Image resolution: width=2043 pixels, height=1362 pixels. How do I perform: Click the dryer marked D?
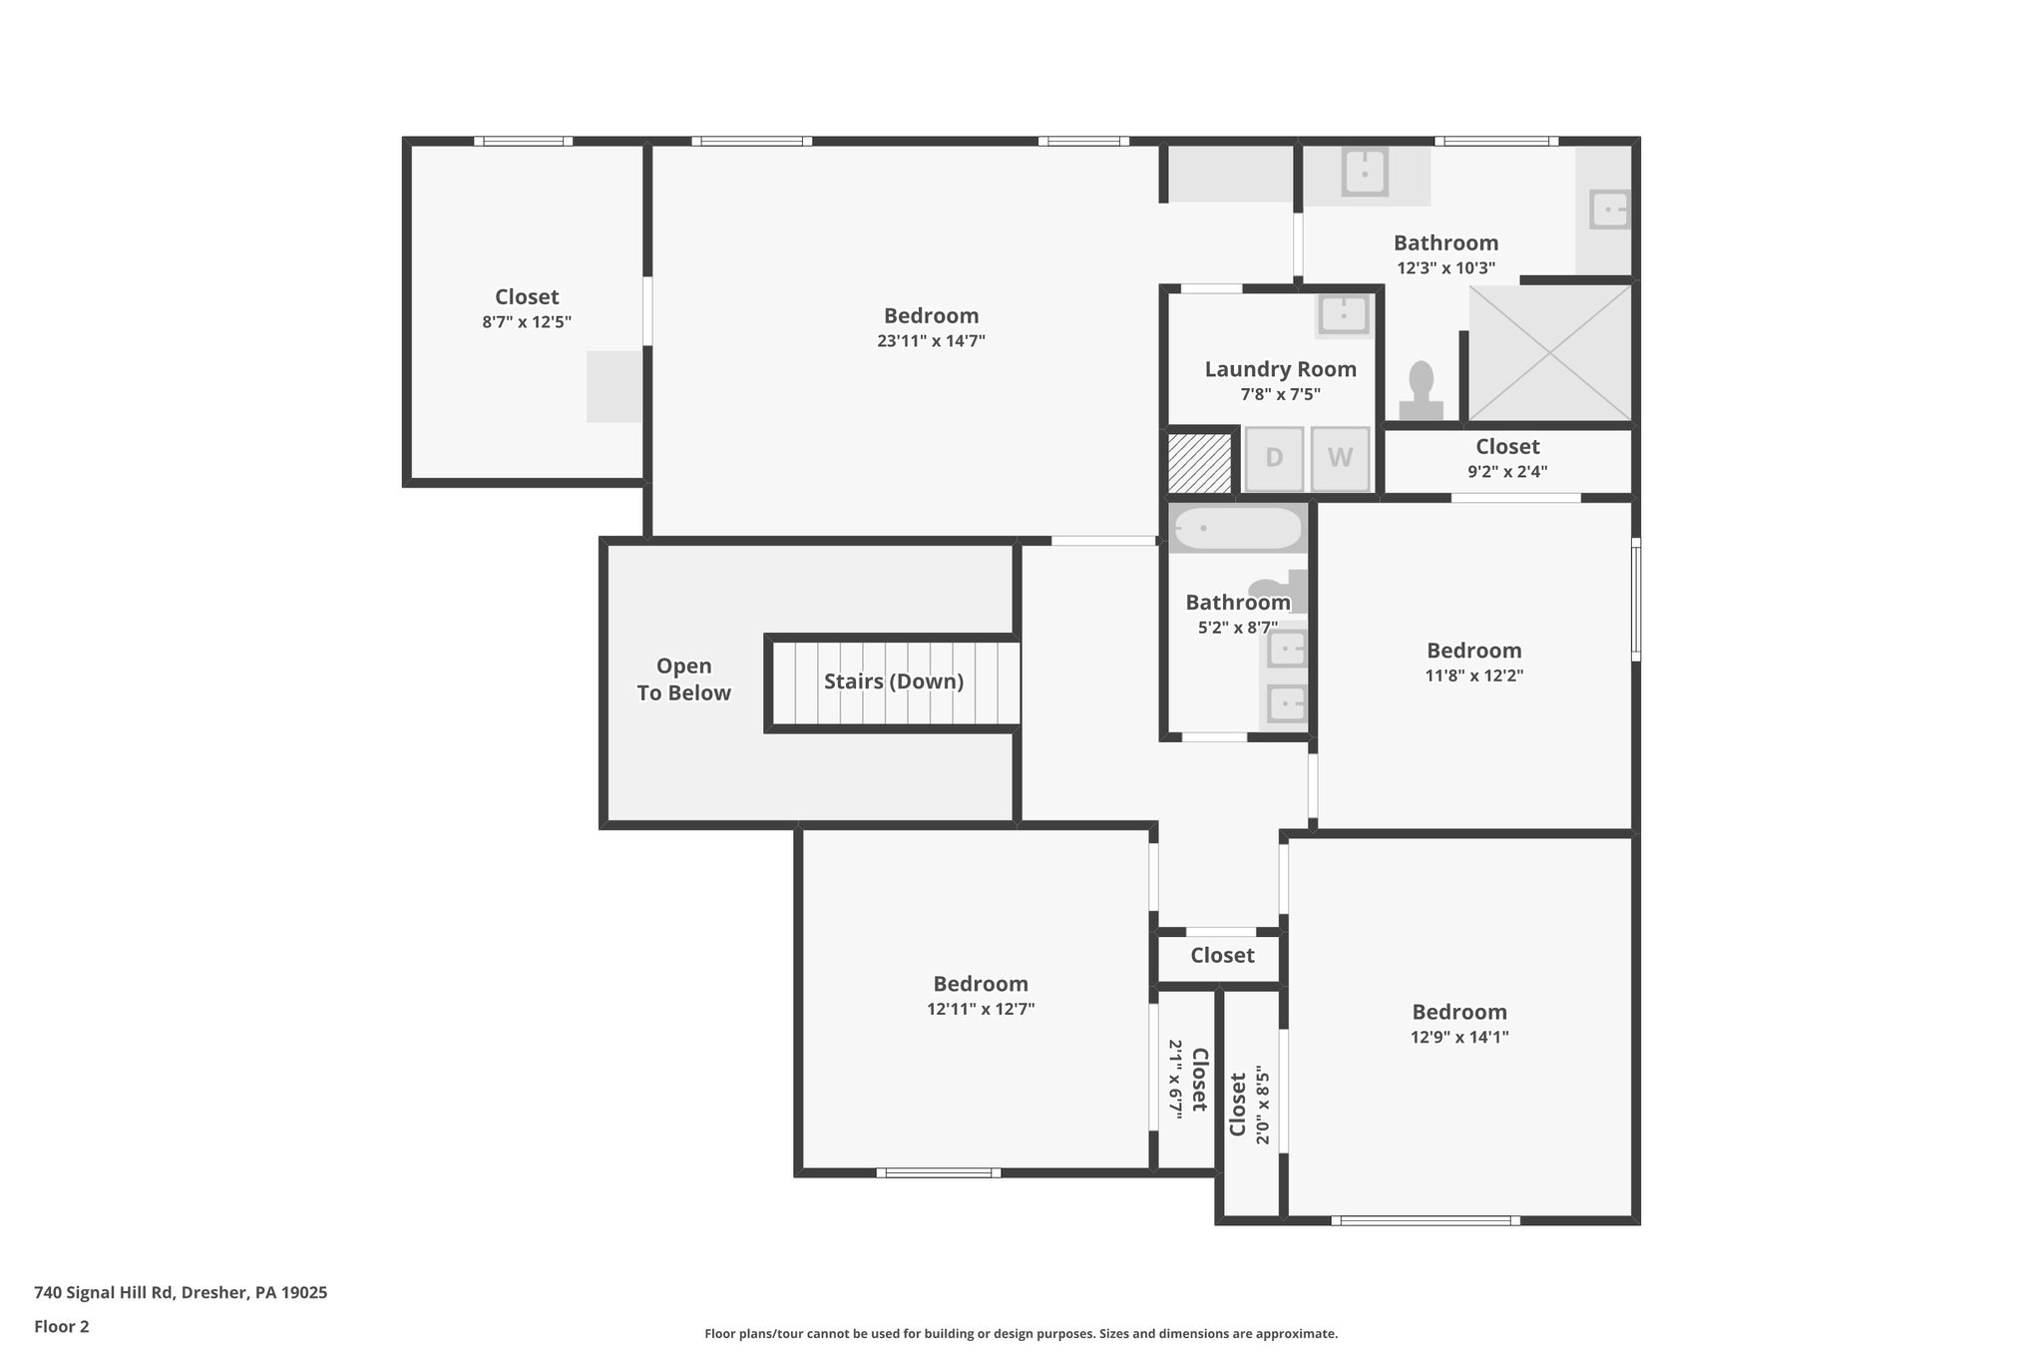tap(1274, 459)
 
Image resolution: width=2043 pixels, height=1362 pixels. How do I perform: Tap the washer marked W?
tap(1340, 459)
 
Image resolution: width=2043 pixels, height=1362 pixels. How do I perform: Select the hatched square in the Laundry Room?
tap(1200, 462)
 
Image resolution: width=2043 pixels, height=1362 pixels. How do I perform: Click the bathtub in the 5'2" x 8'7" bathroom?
tap(1237, 529)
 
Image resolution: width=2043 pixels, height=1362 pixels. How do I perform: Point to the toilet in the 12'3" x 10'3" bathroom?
tap(1421, 392)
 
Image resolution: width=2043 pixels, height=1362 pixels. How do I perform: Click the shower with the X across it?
tap(1549, 353)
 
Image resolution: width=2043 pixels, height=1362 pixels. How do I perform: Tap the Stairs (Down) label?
tap(893, 681)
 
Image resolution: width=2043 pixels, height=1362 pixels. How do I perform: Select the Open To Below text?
tap(684, 680)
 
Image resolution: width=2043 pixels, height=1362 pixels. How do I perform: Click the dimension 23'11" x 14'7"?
tap(931, 341)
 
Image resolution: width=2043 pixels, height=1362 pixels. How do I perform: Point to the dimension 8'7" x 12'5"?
tap(527, 322)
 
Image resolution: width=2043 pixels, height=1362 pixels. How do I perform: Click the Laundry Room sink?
tap(1344, 315)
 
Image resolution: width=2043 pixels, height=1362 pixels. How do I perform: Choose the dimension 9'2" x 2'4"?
tap(1507, 472)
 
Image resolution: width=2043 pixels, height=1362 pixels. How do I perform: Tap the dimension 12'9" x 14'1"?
tap(1458, 1037)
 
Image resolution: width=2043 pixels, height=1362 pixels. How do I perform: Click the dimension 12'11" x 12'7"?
tap(981, 1009)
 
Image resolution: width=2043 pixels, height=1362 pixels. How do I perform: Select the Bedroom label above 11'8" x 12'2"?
tap(1473, 651)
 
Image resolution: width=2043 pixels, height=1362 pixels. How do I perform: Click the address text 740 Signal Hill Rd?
tap(181, 1292)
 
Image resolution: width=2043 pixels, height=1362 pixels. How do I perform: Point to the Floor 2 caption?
tap(62, 1326)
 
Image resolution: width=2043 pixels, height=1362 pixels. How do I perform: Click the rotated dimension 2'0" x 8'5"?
tap(1263, 1106)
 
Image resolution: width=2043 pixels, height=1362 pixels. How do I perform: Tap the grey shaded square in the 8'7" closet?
tap(613, 386)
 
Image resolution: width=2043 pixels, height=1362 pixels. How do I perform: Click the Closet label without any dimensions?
tap(1222, 956)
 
